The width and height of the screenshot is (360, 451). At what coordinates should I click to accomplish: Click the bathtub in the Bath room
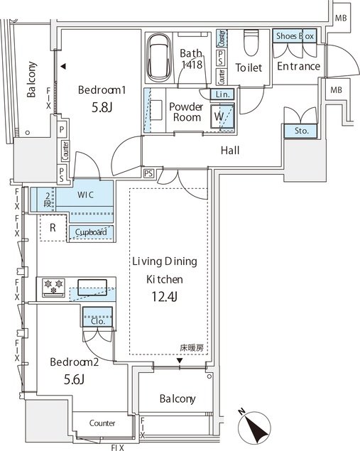point(158,58)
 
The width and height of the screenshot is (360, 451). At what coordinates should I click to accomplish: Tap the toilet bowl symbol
point(251,43)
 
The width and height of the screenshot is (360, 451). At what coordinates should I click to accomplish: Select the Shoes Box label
point(295,36)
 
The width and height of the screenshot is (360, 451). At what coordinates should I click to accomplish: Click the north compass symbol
point(254,425)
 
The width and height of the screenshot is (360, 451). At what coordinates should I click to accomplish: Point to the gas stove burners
point(53,287)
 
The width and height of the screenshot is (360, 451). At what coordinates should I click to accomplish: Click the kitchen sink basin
point(92,287)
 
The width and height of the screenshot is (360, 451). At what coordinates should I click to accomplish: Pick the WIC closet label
point(85,195)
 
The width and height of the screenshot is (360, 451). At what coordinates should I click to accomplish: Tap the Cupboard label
point(91,232)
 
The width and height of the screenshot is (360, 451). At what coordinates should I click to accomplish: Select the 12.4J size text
point(164,297)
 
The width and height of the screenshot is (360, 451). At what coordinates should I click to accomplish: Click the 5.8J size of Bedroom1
point(102,107)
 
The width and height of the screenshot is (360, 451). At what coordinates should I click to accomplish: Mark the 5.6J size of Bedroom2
point(74,380)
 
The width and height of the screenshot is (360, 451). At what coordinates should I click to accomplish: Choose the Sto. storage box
point(301,131)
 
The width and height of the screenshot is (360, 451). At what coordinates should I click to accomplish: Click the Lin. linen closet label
point(222,94)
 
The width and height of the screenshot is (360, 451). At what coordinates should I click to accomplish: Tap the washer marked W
point(222,116)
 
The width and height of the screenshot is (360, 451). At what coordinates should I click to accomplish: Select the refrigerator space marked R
point(53,228)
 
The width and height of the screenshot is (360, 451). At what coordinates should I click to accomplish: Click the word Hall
point(230,150)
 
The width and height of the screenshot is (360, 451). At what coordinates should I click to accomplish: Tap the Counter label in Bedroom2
point(102,423)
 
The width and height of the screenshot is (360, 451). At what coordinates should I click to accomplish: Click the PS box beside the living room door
point(148,173)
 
